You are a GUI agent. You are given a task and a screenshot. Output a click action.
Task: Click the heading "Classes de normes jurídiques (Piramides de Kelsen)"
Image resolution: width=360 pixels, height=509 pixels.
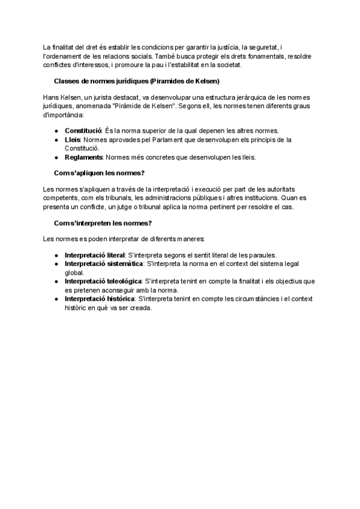[x=136, y=80]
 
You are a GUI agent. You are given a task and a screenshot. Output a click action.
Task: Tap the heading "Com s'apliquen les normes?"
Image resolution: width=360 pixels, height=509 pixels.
[x=99, y=173]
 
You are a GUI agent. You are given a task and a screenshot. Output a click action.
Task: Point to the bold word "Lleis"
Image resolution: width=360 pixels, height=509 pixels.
[x=73, y=140]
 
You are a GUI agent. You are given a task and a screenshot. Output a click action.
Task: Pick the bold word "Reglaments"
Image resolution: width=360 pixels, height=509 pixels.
[x=84, y=158]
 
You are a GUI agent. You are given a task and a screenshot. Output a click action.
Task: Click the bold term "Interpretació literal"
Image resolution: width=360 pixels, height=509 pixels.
[x=95, y=255]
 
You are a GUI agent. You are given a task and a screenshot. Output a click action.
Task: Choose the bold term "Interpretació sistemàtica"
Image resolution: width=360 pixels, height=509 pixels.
[x=104, y=264]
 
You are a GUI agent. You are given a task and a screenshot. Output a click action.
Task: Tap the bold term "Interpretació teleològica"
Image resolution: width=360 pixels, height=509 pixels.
[x=103, y=281]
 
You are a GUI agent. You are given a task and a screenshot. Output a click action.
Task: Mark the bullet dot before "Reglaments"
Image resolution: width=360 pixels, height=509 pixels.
[x=56, y=158]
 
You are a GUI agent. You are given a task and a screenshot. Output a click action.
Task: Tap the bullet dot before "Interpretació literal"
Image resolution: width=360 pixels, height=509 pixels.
[x=56, y=255]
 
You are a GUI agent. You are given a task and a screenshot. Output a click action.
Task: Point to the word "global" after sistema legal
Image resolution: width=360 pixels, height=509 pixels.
[x=74, y=272]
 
